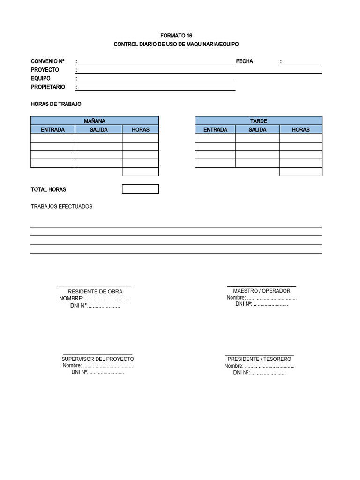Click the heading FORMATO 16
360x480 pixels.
(x=176, y=36)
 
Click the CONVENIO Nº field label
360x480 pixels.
(x=47, y=61)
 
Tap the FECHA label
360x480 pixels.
(x=244, y=61)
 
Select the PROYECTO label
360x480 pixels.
(x=45, y=70)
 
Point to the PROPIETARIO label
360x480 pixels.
(x=48, y=87)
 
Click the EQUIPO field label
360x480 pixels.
(x=41, y=78)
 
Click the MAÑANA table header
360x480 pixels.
(x=94, y=121)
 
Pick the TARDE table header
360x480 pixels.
(x=258, y=121)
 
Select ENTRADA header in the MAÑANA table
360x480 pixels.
(x=52, y=129)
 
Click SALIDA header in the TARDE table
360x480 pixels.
(x=257, y=129)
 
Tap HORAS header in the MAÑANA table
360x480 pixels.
(x=140, y=129)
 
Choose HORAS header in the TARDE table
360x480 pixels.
(x=300, y=129)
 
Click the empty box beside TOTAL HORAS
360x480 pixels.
(x=140, y=189)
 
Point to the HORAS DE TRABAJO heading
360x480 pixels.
(x=56, y=104)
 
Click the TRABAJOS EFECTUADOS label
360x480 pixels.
(x=61, y=206)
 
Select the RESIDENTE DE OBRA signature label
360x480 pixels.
(x=95, y=292)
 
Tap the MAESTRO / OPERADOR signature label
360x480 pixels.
(x=262, y=291)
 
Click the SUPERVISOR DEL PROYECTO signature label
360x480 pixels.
(x=97, y=359)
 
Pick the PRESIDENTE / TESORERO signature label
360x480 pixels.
(x=259, y=359)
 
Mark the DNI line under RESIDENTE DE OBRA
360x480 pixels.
(x=95, y=306)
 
